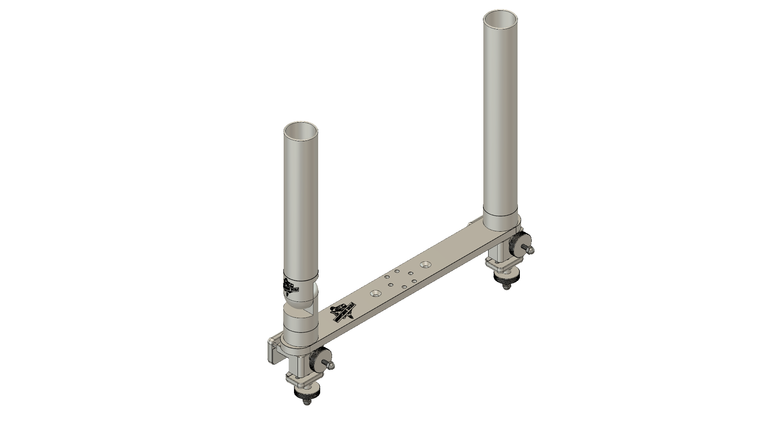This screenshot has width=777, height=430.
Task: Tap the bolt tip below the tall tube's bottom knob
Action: click(x=505, y=287)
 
